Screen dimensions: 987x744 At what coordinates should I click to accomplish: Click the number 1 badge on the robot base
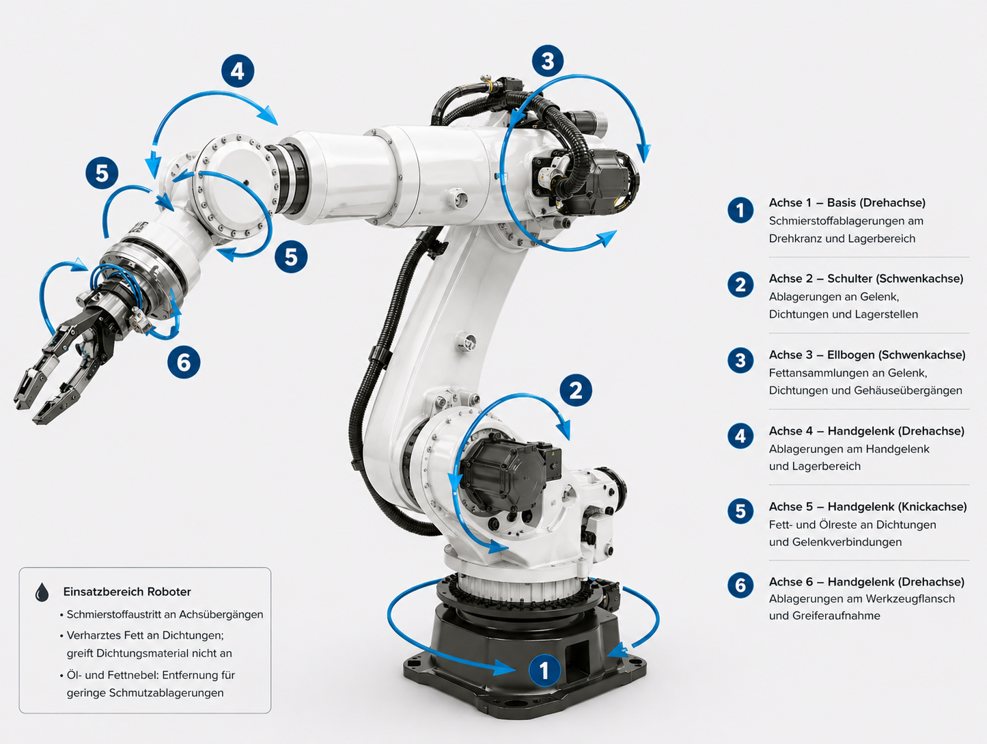[544, 670]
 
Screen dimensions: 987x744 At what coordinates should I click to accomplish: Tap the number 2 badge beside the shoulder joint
[576, 390]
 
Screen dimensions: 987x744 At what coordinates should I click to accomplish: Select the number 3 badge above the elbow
[547, 61]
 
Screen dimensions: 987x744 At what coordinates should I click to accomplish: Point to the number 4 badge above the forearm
[238, 71]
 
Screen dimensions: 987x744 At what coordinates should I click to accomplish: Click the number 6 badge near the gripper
[184, 362]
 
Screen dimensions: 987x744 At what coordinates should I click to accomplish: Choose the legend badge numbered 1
[740, 210]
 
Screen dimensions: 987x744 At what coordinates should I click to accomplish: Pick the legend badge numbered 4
[740, 436]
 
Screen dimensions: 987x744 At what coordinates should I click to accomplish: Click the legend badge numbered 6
[740, 585]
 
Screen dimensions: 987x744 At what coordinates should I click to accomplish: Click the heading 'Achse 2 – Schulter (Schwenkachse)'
[866, 279]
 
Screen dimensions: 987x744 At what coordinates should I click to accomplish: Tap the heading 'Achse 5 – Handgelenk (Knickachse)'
[868, 507]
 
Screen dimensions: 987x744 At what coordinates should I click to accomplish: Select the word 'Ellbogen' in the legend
[851, 355]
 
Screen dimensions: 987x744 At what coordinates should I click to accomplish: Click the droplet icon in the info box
[42, 592]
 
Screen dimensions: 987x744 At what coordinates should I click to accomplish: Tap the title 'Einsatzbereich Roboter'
[127, 592]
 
